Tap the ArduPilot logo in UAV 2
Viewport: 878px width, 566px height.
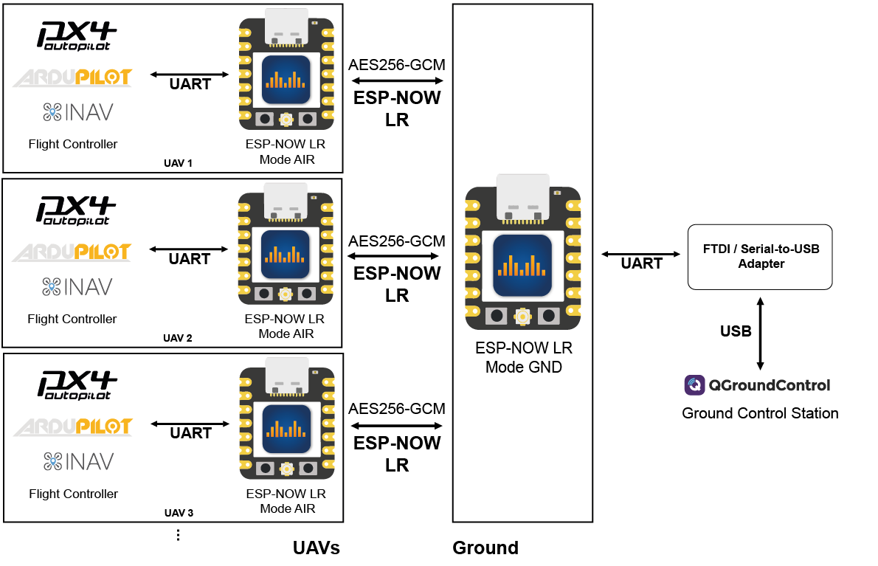(x=72, y=252)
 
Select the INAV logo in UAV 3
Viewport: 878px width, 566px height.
(x=78, y=462)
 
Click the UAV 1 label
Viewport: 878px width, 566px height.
(x=177, y=162)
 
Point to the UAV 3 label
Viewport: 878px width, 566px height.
(x=179, y=513)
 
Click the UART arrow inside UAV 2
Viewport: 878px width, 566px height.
(x=189, y=249)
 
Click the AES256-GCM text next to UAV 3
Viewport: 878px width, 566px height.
(x=397, y=410)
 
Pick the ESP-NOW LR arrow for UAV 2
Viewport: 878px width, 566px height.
(x=393, y=256)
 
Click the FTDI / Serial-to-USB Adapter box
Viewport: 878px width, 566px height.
(x=760, y=257)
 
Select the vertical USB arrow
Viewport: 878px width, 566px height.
(x=761, y=332)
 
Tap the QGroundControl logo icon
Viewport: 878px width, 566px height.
(x=694, y=385)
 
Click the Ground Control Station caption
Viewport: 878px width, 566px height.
(x=760, y=413)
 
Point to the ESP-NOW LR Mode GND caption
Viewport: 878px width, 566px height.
(x=523, y=357)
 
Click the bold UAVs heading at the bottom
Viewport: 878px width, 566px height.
(x=316, y=548)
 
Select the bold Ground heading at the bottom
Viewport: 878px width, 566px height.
(x=485, y=548)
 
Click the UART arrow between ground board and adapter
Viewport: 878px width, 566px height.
(x=640, y=254)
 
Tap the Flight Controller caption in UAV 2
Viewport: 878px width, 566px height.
(x=72, y=319)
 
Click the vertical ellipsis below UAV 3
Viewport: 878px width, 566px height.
(x=179, y=535)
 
